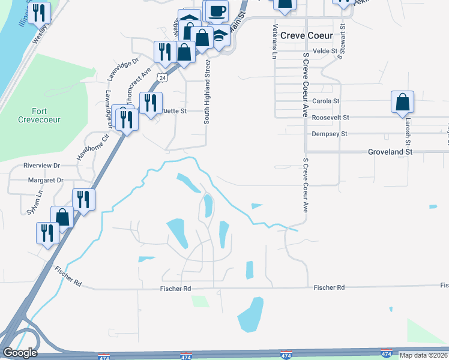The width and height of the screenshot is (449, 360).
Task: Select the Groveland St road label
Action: (390, 152)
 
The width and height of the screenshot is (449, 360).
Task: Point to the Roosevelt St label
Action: (330, 118)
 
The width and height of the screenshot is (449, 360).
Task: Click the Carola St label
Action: (326, 101)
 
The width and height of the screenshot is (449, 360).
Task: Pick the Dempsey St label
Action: (327, 134)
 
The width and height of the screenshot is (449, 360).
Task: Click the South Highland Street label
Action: (206, 91)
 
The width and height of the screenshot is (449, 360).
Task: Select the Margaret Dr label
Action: (46, 180)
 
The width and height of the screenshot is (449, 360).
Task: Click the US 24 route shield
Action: (162, 77)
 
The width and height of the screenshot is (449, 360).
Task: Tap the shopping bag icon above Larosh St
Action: (402, 103)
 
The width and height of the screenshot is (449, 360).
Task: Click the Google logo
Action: (19, 353)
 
